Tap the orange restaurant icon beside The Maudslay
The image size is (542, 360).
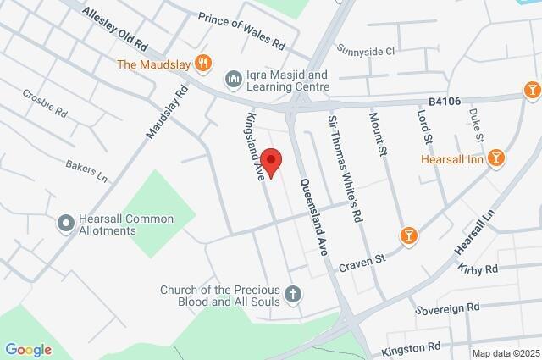click(202, 63)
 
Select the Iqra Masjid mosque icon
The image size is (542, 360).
click(233, 79)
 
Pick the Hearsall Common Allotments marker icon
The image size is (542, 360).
click(65, 224)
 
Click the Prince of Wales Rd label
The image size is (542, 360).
click(241, 30)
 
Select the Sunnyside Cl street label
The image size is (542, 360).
click(366, 51)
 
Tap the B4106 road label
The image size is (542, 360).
click(444, 102)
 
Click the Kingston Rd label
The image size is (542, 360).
click(412, 346)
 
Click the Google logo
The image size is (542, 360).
click(28, 350)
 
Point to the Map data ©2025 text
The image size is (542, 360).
click(505, 353)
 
